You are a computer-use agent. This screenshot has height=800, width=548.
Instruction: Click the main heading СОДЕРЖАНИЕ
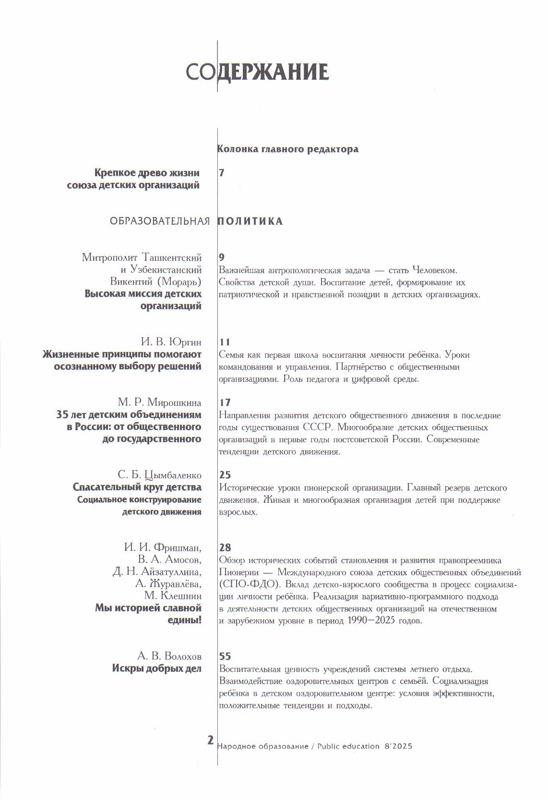click(x=257, y=72)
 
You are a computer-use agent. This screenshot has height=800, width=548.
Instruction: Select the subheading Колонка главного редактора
click(x=288, y=149)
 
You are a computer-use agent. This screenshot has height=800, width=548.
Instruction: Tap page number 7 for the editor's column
click(x=221, y=173)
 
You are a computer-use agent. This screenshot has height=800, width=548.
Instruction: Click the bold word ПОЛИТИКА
click(x=250, y=221)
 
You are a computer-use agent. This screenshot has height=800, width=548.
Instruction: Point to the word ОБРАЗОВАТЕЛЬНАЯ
click(x=160, y=221)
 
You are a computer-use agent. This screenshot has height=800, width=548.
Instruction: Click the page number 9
click(x=221, y=257)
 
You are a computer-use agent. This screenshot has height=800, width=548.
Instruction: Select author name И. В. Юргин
click(x=171, y=342)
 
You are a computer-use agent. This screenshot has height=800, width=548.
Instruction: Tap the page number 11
click(x=224, y=342)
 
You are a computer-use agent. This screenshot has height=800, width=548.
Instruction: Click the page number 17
click(x=225, y=402)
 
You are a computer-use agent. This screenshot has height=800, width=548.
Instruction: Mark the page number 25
click(x=225, y=475)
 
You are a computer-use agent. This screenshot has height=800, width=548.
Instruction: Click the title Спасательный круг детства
click(x=137, y=487)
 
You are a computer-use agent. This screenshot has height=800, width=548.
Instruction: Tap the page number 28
click(x=225, y=547)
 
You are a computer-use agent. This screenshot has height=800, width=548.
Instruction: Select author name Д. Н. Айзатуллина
click(x=157, y=571)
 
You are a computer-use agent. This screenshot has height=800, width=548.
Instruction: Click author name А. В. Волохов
click(x=169, y=656)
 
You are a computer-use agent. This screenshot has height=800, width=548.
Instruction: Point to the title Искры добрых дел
click(x=157, y=668)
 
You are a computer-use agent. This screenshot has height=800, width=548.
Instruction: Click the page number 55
click(x=225, y=656)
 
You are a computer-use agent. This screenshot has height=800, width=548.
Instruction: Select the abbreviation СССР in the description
click(x=315, y=427)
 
